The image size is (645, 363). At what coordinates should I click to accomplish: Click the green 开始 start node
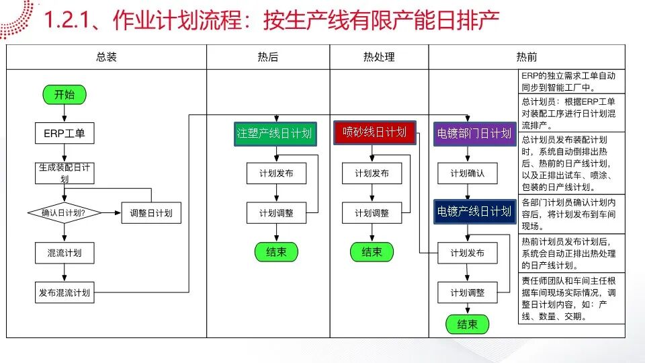[64, 95]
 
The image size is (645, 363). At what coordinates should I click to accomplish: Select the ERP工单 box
[64, 133]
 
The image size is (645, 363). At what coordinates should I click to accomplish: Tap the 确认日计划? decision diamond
[64, 213]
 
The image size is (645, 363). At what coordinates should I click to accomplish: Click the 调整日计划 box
[151, 213]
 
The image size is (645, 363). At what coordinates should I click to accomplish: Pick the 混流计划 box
[64, 253]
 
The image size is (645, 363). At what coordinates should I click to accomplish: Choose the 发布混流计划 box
[64, 292]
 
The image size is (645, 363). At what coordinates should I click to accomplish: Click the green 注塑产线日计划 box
[275, 134]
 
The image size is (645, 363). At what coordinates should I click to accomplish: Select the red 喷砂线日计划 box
[375, 132]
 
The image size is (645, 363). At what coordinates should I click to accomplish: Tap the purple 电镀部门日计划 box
[475, 134]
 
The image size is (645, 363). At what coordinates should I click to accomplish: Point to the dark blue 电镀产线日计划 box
[475, 212]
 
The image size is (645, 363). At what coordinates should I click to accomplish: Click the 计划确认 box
[468, 173]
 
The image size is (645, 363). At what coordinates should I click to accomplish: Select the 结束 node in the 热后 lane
[276, 252]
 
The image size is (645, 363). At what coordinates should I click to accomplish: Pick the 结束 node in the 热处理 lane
[372, 252]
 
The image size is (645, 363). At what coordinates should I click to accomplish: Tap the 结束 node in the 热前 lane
[468, 324]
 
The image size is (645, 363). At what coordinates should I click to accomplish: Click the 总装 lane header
[107, 56]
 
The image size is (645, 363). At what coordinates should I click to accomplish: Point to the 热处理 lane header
[379, 56]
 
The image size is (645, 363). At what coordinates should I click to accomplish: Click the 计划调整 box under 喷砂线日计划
[372, 213]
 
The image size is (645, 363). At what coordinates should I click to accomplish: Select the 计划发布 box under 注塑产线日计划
[276, 173]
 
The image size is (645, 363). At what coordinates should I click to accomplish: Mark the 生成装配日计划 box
[64, 173]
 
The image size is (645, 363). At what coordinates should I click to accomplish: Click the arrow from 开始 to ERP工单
[64, 114]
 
